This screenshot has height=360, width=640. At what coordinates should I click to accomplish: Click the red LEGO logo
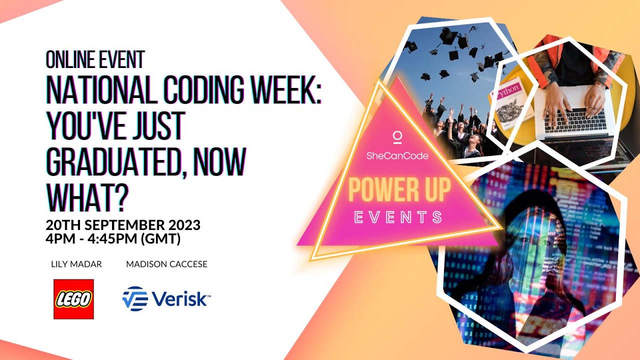tap(73, 299)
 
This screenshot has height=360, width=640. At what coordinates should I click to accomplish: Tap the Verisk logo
tap(166, 299)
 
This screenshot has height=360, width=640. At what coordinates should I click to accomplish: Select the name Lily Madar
tap(76, 264)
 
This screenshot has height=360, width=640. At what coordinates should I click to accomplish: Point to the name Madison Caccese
tap(166, 264)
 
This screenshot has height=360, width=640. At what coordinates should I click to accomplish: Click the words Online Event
tap(95, 60)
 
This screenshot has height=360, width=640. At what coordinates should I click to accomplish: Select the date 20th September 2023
tap(123, 225)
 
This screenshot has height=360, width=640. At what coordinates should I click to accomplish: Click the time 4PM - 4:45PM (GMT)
tap(113, 239)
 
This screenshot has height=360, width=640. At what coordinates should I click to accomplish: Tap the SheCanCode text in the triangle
tap(397, 155)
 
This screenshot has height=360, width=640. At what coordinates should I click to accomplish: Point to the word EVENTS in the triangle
tap(398, 217)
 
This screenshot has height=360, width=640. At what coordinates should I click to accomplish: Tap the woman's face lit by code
tap(530, 240)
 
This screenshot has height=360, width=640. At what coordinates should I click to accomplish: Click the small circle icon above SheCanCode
tap(397, 136)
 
